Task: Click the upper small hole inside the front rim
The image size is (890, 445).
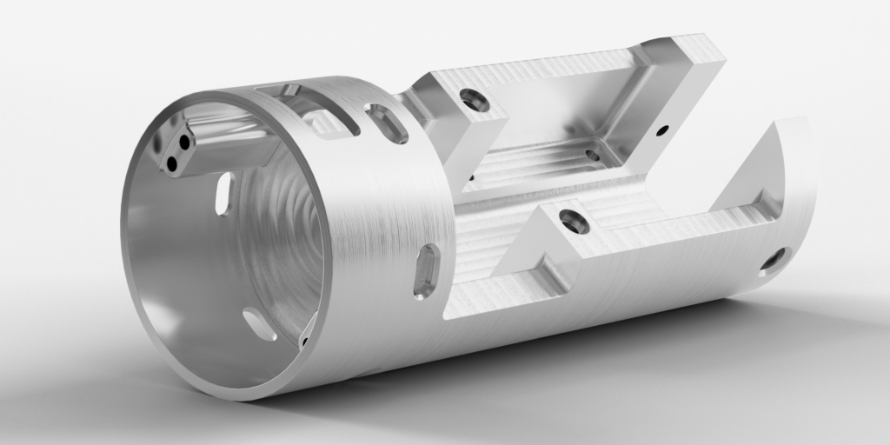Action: [183, 143]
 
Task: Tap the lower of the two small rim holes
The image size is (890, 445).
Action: [172, 162]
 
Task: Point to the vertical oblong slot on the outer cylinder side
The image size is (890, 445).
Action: [427, 271]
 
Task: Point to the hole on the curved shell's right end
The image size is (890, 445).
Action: [773, 259]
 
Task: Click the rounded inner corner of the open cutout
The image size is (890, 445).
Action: [654, 184]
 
